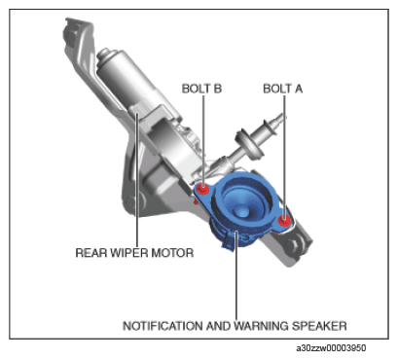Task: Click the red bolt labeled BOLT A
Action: coord(284,220)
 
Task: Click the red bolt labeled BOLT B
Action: coord(203,189)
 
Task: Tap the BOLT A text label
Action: coord(282,89)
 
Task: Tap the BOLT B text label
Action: coord(201,89)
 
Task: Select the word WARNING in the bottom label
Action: coord(262,326)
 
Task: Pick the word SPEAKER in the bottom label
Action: coord(319,326)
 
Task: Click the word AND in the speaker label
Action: coord(218,326)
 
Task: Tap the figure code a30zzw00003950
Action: coord(331,348)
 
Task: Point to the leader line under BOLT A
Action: coord(284,156)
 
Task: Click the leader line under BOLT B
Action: coord(203,140)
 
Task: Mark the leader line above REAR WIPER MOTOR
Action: coord(137,179)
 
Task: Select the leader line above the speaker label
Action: coord(236,275)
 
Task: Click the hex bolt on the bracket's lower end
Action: coord(293,245)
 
